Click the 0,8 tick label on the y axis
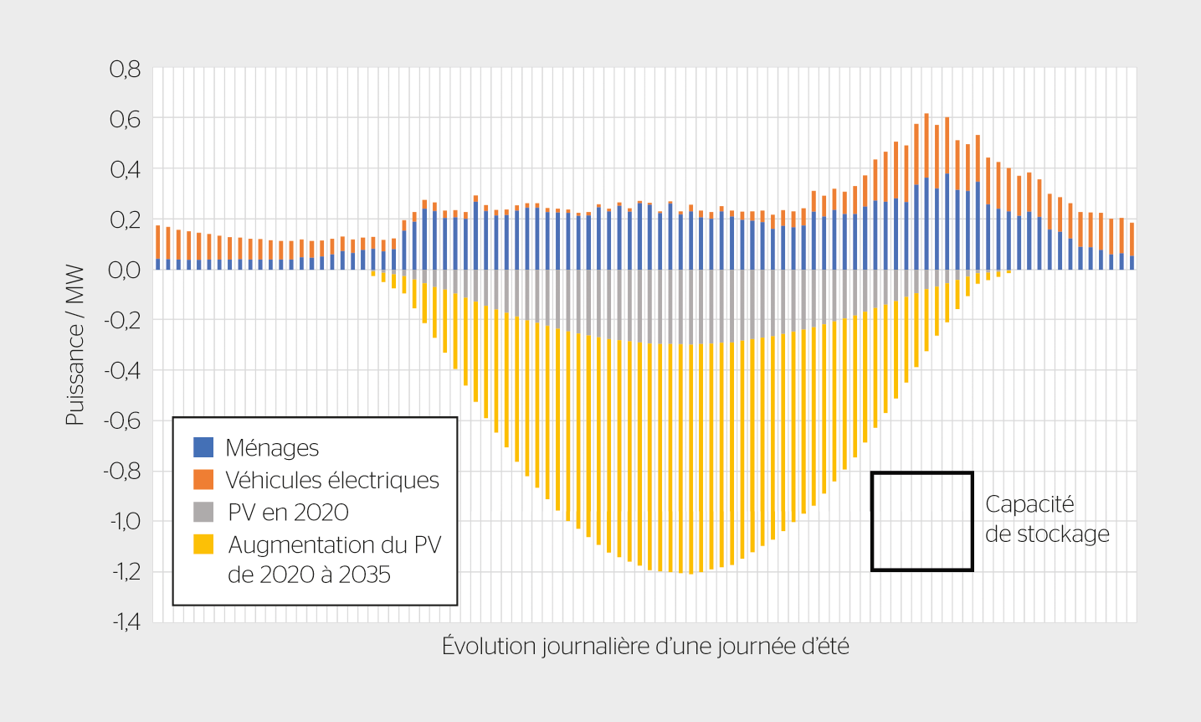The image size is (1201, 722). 125,69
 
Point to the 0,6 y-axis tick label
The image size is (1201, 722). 125,119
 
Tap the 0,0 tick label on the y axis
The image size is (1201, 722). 125,270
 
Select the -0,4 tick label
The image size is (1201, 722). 121,370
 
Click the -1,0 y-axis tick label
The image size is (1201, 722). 121,521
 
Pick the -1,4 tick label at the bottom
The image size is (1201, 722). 121,622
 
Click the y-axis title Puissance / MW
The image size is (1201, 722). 75,345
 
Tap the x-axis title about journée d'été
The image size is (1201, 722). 645,647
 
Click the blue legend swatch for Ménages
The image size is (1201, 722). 203,447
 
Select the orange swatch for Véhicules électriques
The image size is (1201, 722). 203,479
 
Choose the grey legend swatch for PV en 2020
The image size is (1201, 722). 203,512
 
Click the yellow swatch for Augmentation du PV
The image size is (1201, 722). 203,544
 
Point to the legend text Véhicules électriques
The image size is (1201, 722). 332,480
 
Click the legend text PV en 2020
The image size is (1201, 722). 288,513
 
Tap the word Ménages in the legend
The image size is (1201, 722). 272,448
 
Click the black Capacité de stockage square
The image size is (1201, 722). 921,521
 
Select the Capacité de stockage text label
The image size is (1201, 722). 1046,519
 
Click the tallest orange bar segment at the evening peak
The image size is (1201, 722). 926,145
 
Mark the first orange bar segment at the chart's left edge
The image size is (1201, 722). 157,242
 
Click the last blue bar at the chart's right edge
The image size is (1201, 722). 1132,262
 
